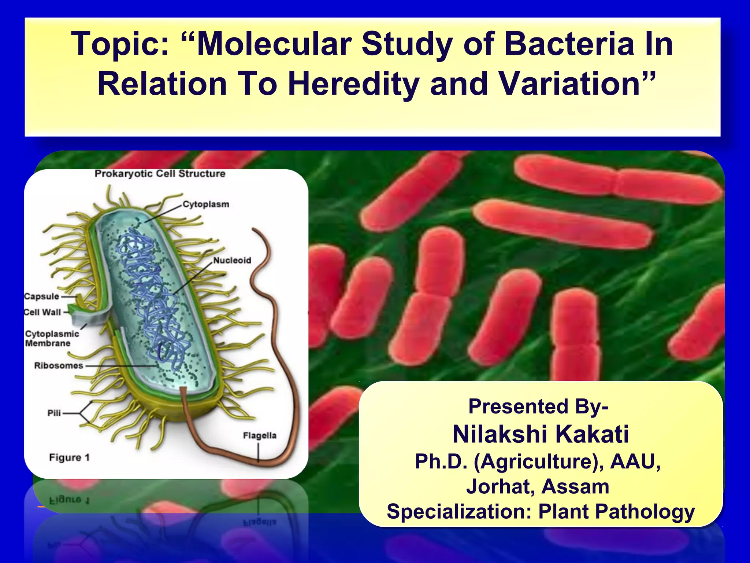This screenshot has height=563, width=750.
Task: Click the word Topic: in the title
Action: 120,45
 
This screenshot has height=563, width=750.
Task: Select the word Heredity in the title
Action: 353,84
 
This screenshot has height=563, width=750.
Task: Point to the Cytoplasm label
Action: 206,205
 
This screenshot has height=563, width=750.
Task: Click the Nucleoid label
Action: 232,261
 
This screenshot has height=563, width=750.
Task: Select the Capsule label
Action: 41,297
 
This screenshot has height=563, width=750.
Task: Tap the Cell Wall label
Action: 42,312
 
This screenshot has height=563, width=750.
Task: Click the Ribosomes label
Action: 59,366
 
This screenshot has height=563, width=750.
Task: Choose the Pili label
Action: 54,413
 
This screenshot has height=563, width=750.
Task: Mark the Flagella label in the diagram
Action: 260,436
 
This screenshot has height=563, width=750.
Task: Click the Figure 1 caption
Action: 69,458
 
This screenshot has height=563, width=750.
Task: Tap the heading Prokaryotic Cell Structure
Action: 160,174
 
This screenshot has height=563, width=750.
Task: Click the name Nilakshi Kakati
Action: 541,434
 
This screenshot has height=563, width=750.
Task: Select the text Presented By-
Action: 538,406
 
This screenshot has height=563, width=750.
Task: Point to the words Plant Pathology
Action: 616,511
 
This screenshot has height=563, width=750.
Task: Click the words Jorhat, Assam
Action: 538,487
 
